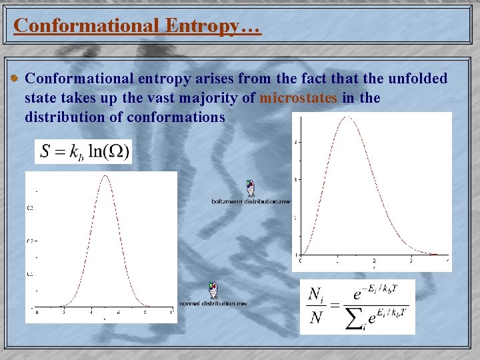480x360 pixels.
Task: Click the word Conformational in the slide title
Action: [85, 25]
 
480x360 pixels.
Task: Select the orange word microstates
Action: [299, 98]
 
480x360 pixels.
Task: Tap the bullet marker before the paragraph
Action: [15, 79]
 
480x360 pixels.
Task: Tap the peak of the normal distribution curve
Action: [105, 175]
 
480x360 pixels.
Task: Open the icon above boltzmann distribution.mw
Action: [249, 188]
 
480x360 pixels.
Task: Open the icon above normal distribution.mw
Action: [213, 291]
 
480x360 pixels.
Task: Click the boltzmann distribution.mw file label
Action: [251, 201]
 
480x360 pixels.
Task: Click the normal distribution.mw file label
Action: [213, 303]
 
